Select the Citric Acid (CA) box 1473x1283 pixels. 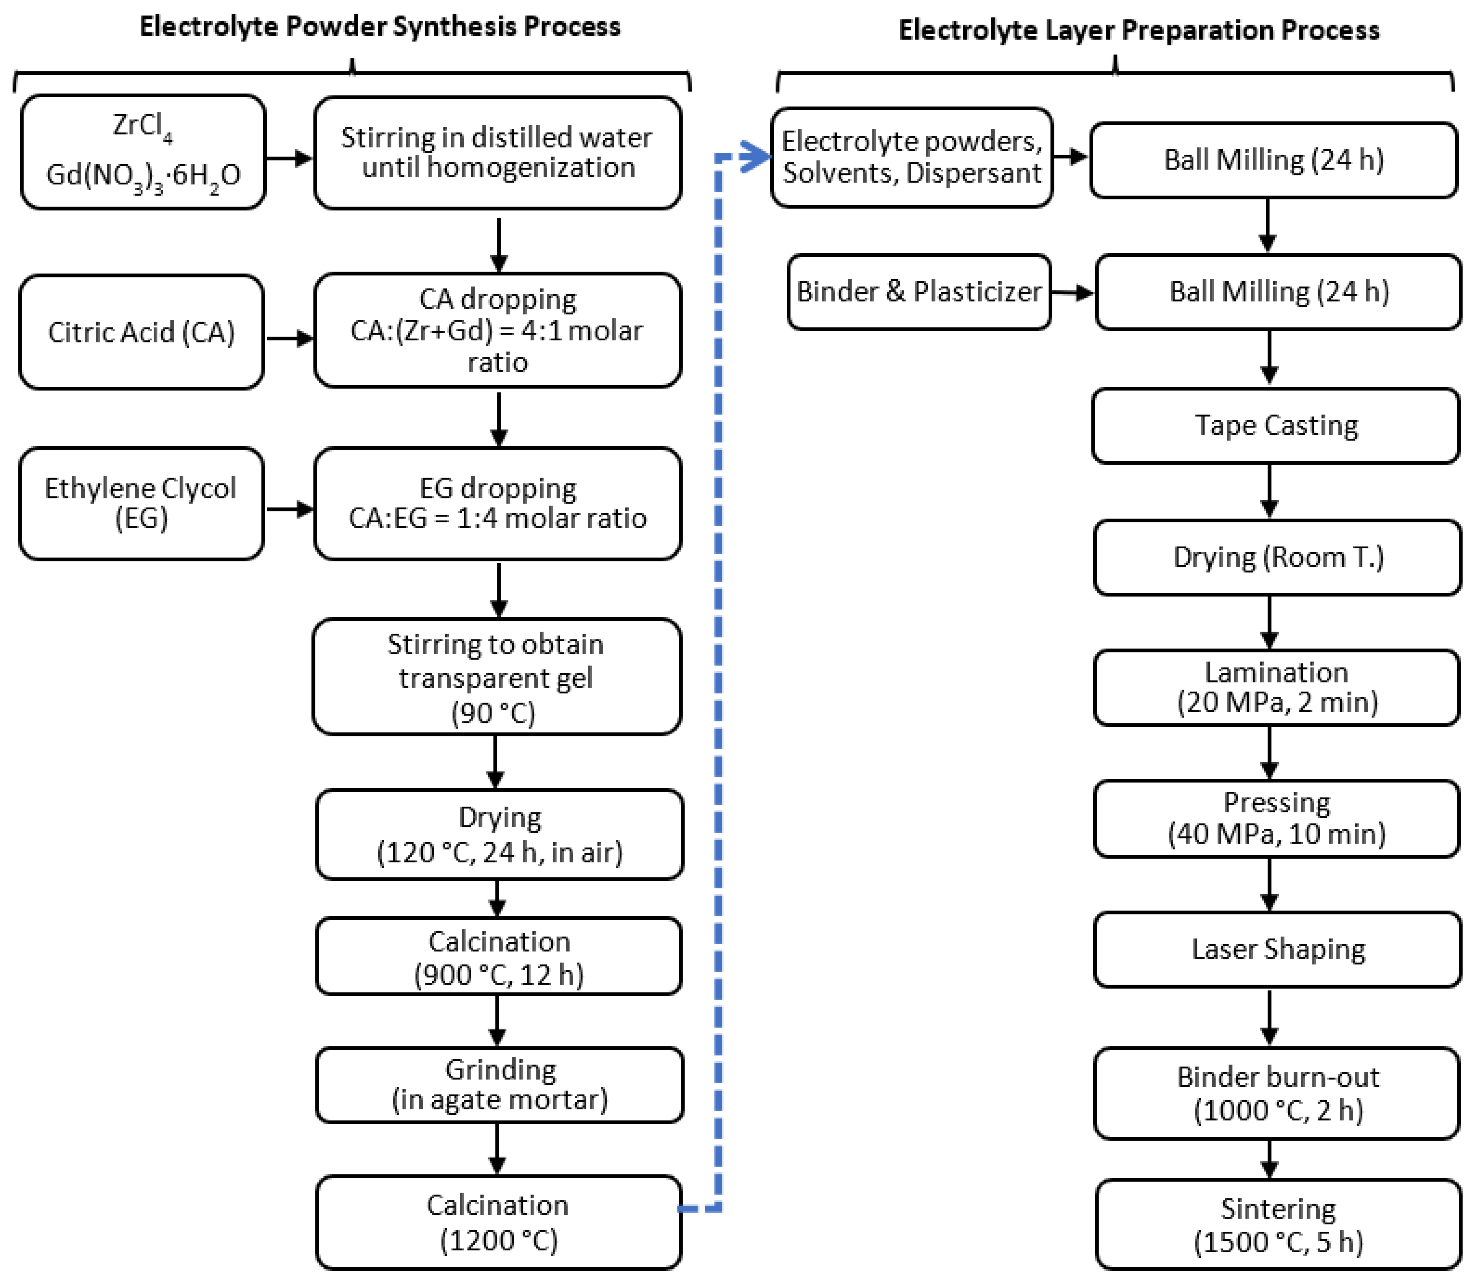(x=141, y=332)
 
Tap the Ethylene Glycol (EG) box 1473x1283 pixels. (x=141, y=503)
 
